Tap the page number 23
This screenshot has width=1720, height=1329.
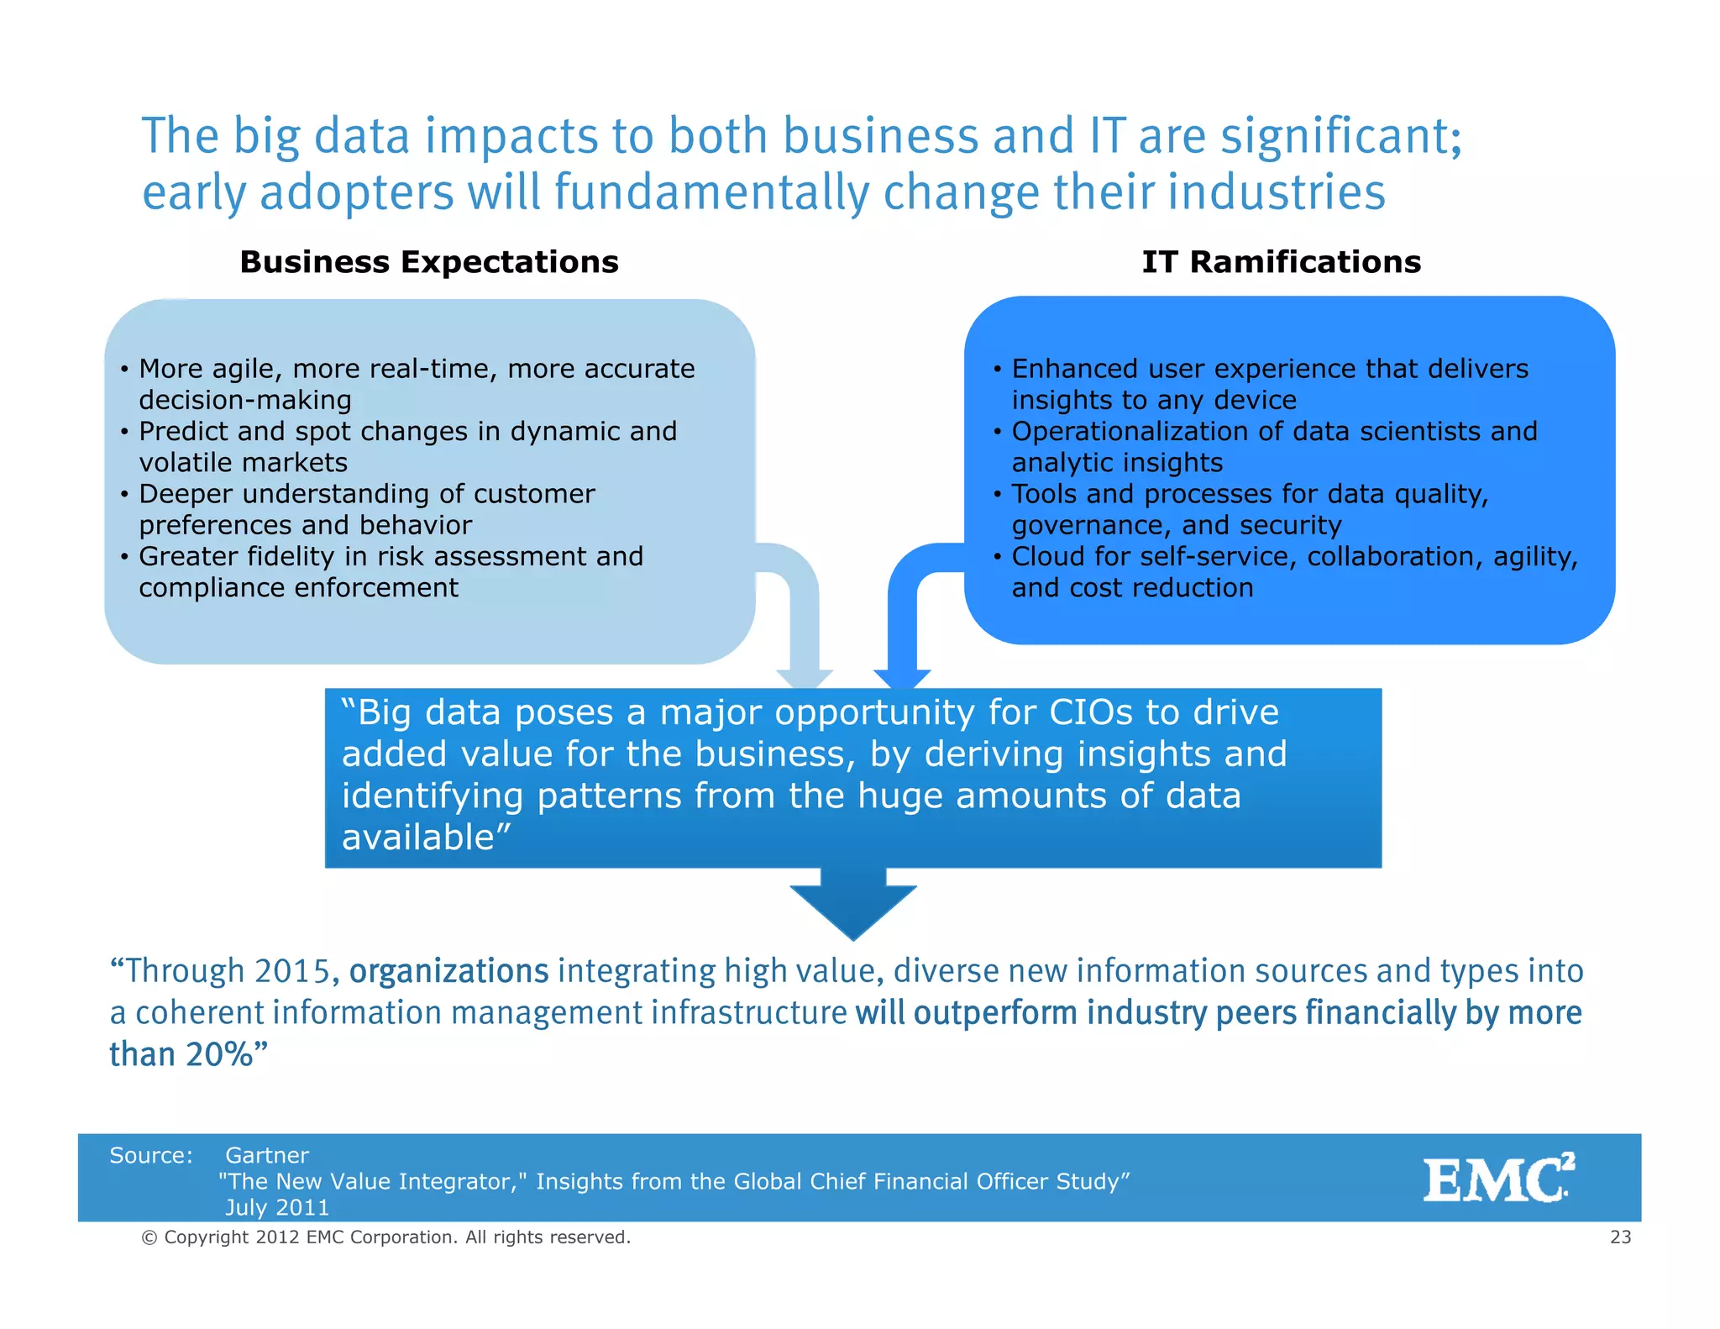pyautogui.click(x=1620, y=1237)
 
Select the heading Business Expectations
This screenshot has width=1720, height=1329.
pyautogui.click(x=429, y=262)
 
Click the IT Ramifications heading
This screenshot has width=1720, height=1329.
pyautogui.click(x=1281, y=262)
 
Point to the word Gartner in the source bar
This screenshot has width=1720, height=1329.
pyautogui.click(x=267, y=1155)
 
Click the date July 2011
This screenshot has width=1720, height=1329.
pyautogui.click(x=277, y=1207)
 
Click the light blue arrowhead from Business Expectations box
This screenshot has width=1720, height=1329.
pyautogui.click(x=805, y=678)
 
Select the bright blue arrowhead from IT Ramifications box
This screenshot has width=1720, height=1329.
pyautogui.click(x=902, y=678)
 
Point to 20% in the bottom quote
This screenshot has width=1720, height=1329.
pyautogui.click(x=219, y=1054)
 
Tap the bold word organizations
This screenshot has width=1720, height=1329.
pyautogui.click(x=448, y=971)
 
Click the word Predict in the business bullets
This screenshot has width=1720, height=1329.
pyautogui.click(x=182, y=431)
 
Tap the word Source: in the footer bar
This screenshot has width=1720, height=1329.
pyautogui.click(x=151, y=1155)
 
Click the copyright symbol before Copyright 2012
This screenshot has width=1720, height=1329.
pyautogui.click(x=149, y=1237)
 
